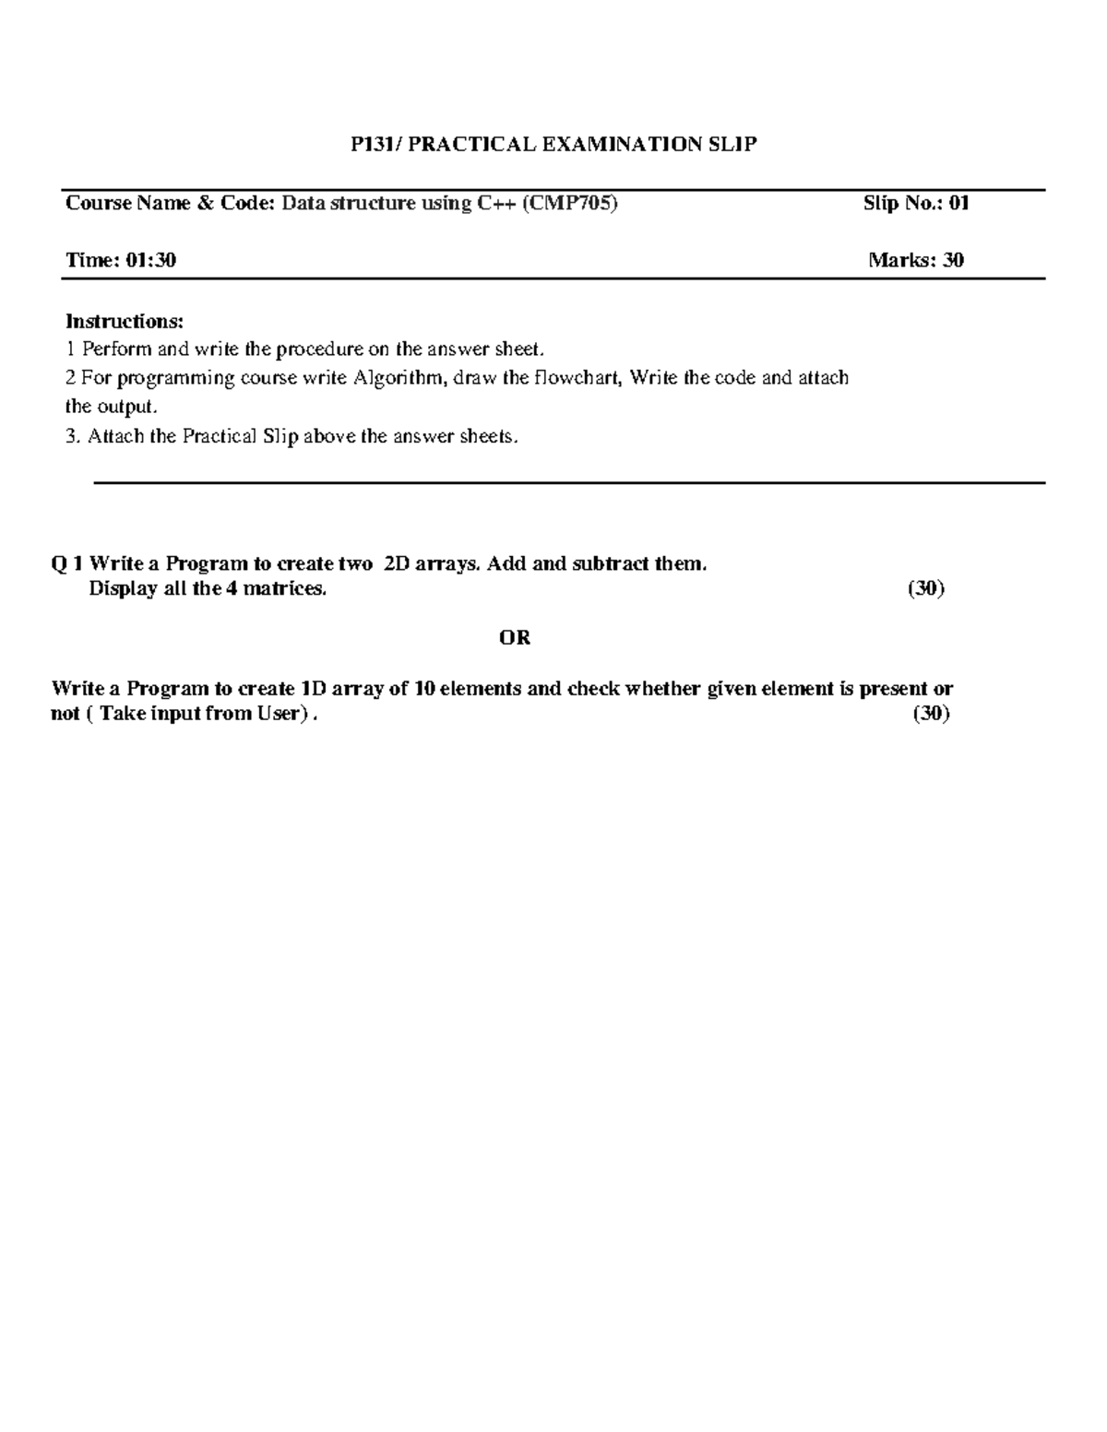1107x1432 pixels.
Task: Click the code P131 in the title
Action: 371,145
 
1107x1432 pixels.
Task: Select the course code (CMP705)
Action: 569,204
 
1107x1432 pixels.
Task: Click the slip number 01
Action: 958,204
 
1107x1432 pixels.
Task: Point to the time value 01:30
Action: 151,261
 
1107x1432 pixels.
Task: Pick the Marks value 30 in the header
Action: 953,261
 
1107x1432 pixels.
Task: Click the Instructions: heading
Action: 125,322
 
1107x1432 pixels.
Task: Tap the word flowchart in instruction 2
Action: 577,378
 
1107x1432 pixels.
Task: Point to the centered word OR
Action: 515,638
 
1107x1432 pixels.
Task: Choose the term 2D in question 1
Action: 396,563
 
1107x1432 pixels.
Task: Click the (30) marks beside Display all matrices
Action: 926,589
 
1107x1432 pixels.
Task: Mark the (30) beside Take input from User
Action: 932,714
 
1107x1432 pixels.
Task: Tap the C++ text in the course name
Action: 496,204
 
